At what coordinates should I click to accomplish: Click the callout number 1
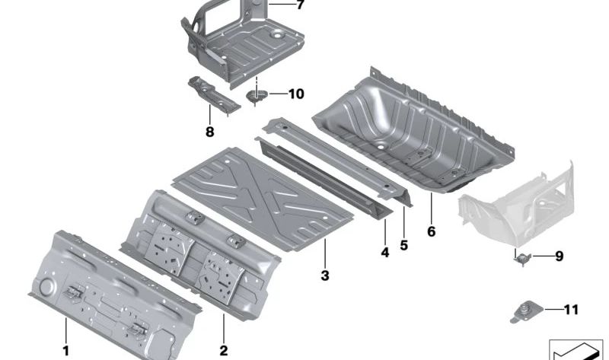66,350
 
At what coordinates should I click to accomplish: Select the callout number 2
223,350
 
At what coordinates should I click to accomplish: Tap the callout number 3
325,276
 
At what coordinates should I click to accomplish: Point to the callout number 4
384,253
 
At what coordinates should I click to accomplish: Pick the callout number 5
404,245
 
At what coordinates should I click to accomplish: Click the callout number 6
431,231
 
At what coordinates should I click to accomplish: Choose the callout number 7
299,5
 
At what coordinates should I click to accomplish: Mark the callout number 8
210,132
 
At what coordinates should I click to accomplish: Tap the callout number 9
559,256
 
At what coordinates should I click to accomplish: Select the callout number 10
296,94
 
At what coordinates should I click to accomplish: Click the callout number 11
571,310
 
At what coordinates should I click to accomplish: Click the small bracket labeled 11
526,312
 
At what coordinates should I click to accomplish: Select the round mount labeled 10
257,95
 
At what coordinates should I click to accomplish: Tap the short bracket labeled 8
213,94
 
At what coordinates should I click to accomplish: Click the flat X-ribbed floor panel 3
263,198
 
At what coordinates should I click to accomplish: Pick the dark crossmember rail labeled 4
324,177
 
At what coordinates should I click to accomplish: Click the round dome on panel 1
47,288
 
